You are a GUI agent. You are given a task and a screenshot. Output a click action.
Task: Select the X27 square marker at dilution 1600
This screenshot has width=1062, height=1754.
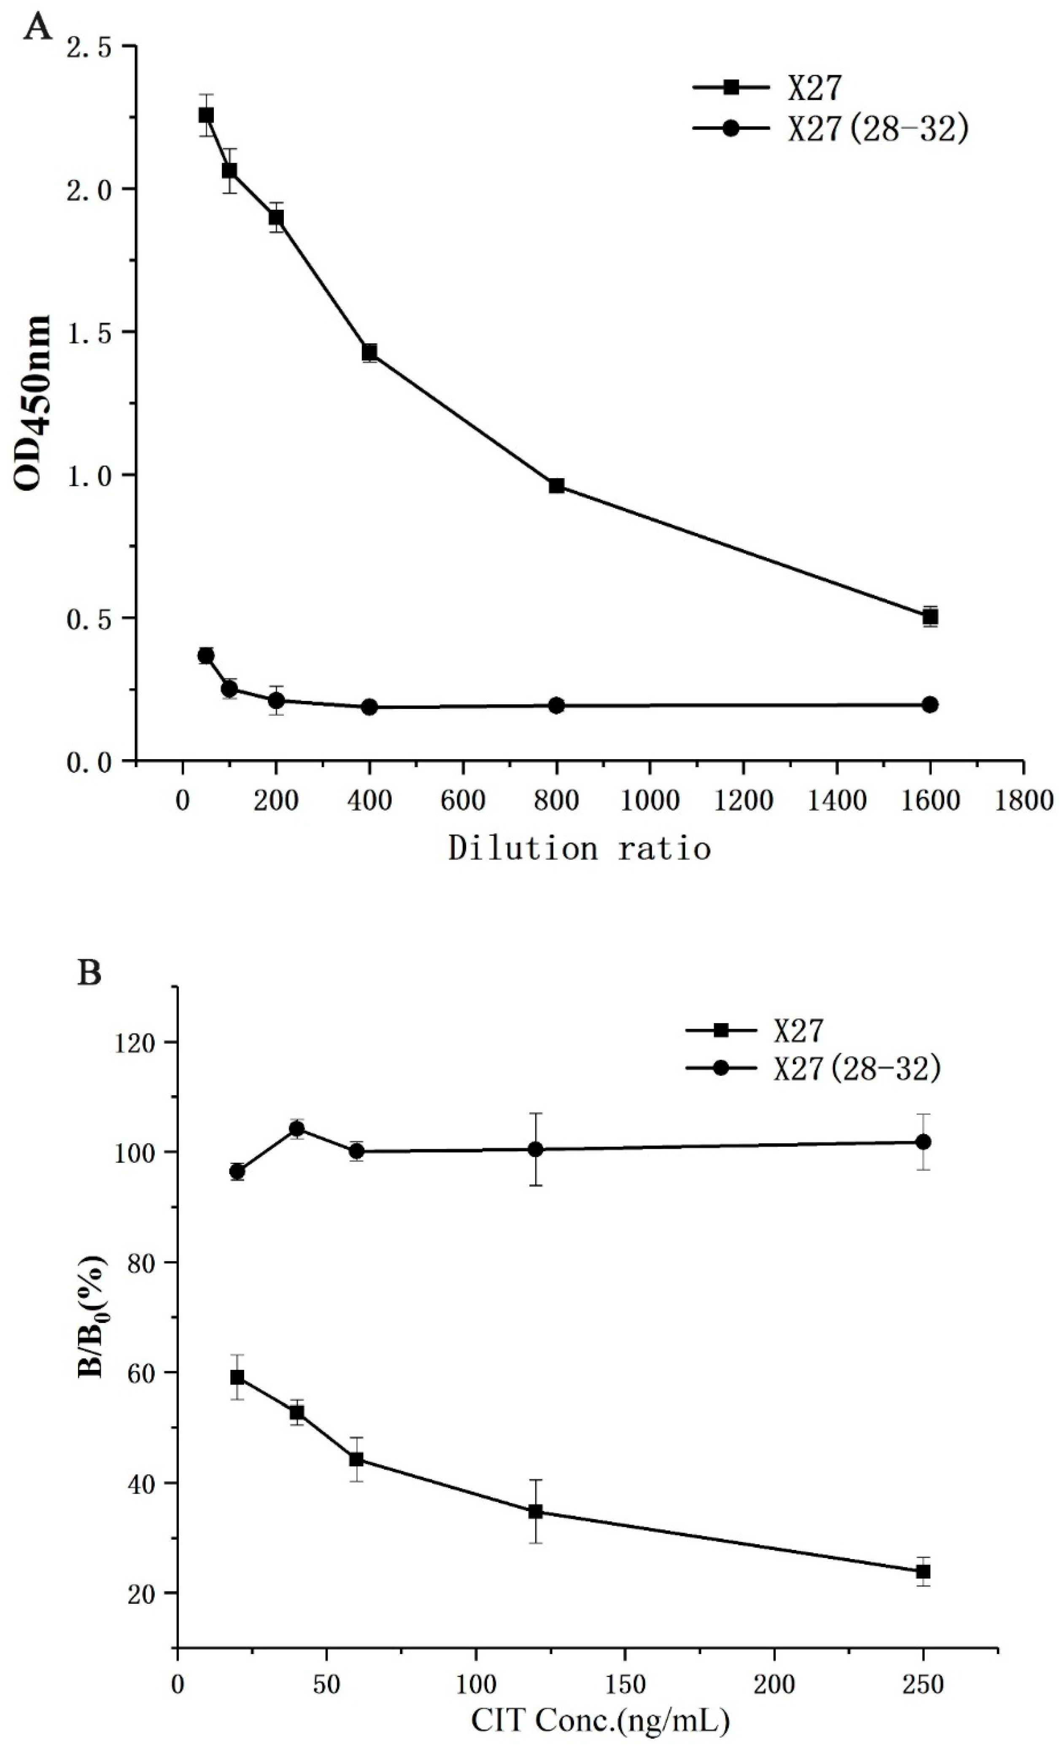930,617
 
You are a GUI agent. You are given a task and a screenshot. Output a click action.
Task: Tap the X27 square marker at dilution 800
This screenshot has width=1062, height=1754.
557,485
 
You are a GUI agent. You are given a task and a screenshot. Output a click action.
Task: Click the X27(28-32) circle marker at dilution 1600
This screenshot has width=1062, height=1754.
930,704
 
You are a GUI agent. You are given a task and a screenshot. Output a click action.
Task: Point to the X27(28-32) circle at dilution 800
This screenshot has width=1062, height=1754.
557,705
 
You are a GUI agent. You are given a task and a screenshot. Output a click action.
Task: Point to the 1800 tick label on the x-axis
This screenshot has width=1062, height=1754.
1023,800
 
